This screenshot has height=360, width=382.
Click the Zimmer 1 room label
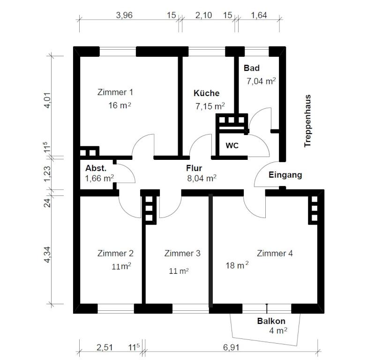tap(115, 92)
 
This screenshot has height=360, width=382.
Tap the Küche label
tap(207, 93)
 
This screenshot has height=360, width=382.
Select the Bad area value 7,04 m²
tap(261, 81)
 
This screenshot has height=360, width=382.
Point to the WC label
tap(232, 146)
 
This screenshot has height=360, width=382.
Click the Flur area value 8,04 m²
tap(202, 178)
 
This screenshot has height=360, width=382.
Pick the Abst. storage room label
tap(96, 168)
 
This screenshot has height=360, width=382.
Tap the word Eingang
tap(285, 175)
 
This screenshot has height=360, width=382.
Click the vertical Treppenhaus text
tap(307, 121)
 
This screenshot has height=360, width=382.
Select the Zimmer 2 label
tap(115, 253)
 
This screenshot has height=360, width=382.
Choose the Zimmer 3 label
tap(182, 253)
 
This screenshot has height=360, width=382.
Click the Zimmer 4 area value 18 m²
tap(237, 265)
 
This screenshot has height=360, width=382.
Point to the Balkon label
tap(271, 321)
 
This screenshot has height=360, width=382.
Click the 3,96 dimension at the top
tap(124, 15)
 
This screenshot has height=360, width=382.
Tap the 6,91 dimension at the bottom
tap(231, 347)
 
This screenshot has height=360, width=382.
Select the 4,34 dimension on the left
tap(47, 255)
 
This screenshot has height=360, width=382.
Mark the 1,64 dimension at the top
tap(259, 15)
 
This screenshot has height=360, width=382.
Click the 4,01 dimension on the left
tap(47, 100)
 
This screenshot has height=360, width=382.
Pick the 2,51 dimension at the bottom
tap(105, 347)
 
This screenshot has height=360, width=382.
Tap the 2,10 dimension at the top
tap(204, 15)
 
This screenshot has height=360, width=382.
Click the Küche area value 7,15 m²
tap(210, 106)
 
